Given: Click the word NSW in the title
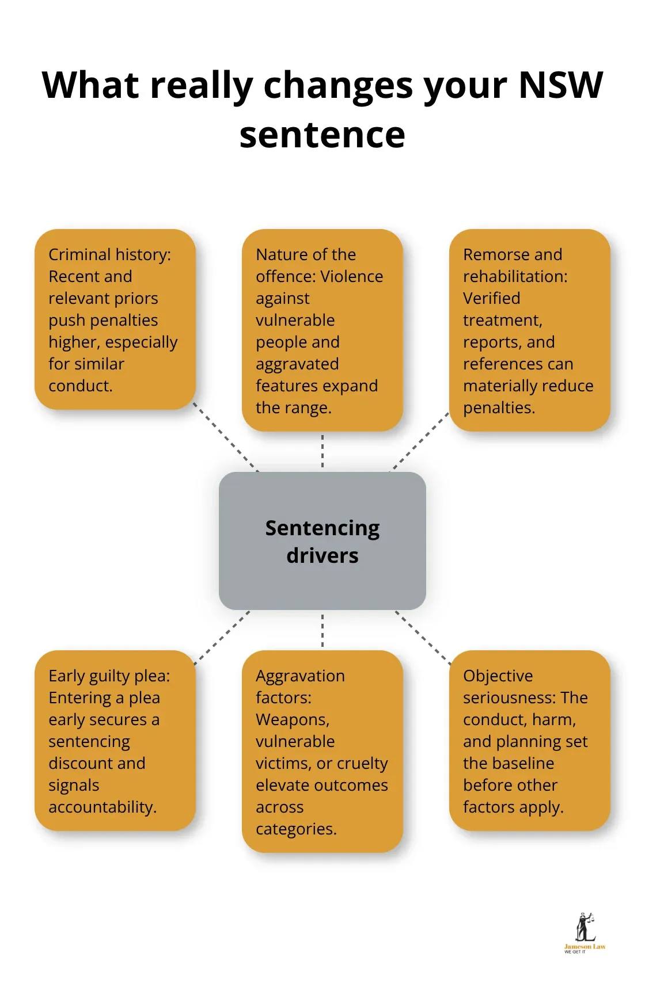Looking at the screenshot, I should [560, 85].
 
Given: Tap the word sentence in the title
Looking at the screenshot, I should [322, 135].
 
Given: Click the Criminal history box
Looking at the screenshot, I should [115, 319].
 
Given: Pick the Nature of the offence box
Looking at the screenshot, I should [322, 330].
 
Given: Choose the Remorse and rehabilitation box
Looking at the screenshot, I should [529, 330].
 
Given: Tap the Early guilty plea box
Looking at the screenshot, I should [115, 741].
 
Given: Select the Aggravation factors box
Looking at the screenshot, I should [322, 751].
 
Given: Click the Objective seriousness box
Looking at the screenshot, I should [529, 741].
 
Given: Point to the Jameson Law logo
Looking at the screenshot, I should [584, 933].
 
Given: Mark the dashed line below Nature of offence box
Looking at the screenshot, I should [322, 451].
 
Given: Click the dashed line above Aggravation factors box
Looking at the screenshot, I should [322, 630].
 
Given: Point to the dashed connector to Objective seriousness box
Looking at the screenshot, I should [423, 638].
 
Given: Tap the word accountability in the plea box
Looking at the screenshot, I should [102, 807].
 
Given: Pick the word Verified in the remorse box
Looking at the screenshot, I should [491, 298].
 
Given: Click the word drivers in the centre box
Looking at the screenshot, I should [322, 556].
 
